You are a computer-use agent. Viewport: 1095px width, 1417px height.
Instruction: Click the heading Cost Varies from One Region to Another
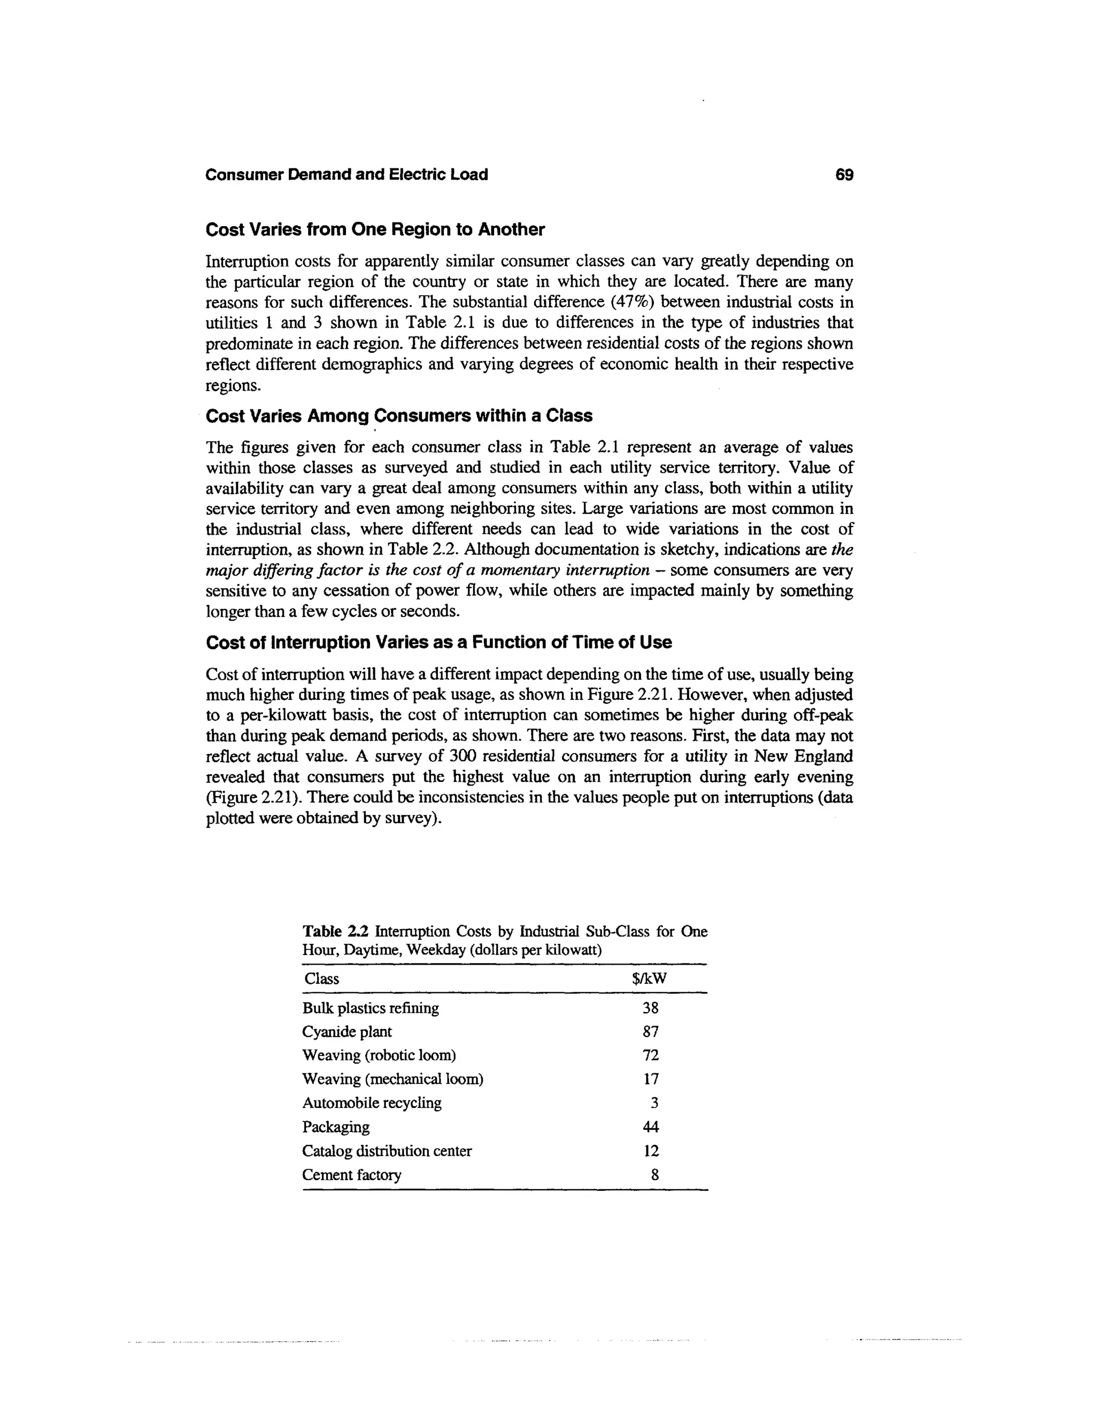(x=375, y=230)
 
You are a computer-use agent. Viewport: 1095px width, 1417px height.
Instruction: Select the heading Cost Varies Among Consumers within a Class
(x=399, y=416)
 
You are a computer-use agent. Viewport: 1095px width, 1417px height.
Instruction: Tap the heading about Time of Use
(x=438, y=642)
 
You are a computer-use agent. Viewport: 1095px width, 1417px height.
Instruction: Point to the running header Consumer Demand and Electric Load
(x=346, y=174)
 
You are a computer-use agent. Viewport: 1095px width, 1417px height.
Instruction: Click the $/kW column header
(x=649, y=979)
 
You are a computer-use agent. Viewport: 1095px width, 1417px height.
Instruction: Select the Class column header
(x=322, y=979)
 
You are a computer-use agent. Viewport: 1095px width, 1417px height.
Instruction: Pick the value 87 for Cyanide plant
(x=651, y=1031)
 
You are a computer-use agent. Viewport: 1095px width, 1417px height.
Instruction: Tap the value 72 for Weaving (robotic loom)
(x=651, y=1056)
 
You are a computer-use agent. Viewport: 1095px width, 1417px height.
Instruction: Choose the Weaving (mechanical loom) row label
(x=392, y=1079)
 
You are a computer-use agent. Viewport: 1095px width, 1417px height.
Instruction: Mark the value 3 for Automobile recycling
(x=654, y=1103)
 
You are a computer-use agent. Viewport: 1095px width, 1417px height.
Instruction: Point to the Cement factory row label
(x=352, y=1175)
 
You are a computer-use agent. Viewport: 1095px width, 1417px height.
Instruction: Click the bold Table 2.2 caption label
(x=335, y=931)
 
